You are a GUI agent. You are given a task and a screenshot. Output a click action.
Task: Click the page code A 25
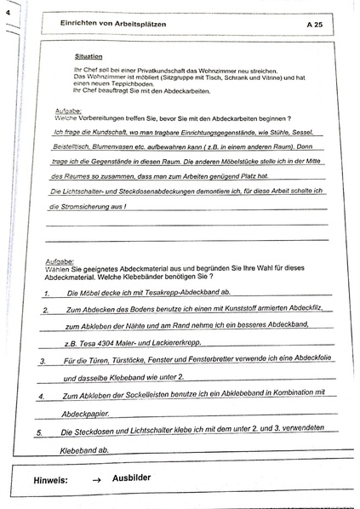pyautogui.click(x=313, y=26)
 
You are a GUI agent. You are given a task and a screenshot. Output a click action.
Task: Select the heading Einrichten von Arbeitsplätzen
pyautogui.click(x=119, y=25)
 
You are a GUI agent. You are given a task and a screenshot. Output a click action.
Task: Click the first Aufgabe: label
pyautogui.click(x=69, y=111)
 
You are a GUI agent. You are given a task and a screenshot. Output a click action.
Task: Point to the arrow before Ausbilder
pyautogui.click(x=96, y=481)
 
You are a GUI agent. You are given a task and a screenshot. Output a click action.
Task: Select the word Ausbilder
pyautogui.click(x=131, y=478)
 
